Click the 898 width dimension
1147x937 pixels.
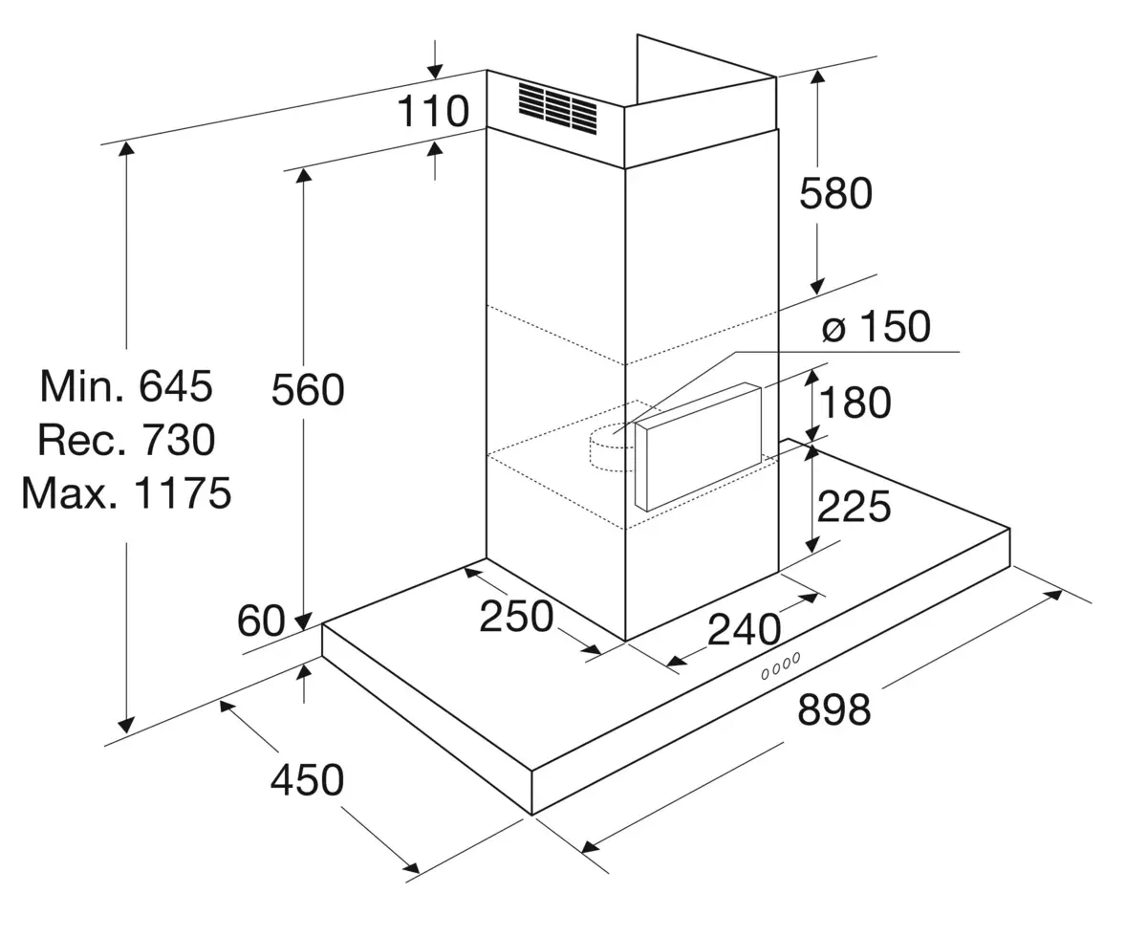coord(833,709)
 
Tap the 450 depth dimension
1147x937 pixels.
coord(307,779)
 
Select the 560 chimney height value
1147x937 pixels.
coord(308,389)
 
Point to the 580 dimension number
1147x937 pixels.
coord(836,193)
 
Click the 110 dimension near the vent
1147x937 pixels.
coord(433,111)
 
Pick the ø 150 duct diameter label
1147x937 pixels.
coord(876,326)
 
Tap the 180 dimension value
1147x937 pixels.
coord(855,403)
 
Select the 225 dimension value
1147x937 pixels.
coord(854,506)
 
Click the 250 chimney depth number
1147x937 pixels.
coord(516,616)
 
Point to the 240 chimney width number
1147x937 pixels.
coord(744,629)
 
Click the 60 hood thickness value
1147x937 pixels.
coord(261,621)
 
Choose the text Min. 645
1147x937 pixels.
coord(126,385)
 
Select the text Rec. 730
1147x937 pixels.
coord(126,439)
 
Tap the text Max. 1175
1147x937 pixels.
coord(126,493)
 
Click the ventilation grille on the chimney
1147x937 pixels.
coord(557,108)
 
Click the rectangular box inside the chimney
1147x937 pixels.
coord(699,447)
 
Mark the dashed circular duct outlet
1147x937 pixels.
coord(612,447)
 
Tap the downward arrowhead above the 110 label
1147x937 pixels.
coord(435,71)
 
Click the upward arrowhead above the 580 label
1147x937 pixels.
coord(817,76)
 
